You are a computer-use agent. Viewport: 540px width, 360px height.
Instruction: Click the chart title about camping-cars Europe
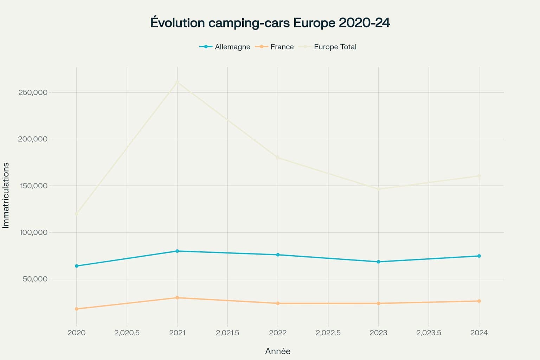click(x=270, y=23)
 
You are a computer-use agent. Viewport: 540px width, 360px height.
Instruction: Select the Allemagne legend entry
click(x=225, y=47)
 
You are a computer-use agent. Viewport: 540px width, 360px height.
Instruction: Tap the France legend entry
click(x=275, y=47)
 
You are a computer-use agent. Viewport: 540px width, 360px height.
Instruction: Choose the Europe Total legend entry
click(x=328, y=47)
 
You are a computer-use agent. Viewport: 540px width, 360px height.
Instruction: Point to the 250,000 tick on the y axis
click(x=33, y=92)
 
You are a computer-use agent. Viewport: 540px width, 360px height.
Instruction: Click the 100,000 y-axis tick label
click(x=33, y=232)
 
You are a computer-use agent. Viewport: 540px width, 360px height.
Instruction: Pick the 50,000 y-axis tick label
click(x=35, y=279)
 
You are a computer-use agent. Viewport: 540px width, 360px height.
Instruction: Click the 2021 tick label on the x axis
click(x=177, y=333)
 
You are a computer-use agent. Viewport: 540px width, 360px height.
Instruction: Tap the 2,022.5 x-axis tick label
click(x=328, y=333)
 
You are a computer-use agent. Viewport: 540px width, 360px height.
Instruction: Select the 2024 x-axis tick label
click(x=479, y=333)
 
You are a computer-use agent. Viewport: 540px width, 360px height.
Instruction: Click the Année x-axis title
click(x=278, y=351)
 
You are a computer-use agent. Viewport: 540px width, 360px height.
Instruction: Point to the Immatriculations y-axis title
click(x=6, y=195)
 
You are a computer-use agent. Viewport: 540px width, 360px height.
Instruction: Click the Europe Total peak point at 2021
click(x=177, y=82)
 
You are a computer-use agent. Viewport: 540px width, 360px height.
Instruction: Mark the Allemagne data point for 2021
click(x=177, y=251)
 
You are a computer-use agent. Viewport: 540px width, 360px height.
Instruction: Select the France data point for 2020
click(x=77, y=309)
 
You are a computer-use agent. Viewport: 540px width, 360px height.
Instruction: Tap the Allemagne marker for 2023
click(x=378, y=262)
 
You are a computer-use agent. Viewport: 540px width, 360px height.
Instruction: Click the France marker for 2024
click(x=479, y=301)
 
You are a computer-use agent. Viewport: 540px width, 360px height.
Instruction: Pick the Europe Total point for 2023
click(x=378, y=189)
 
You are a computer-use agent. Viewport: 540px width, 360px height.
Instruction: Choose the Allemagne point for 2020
click(x=77, y=266)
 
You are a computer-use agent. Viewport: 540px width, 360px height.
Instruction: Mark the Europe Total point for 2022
click(x=278, y=158)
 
